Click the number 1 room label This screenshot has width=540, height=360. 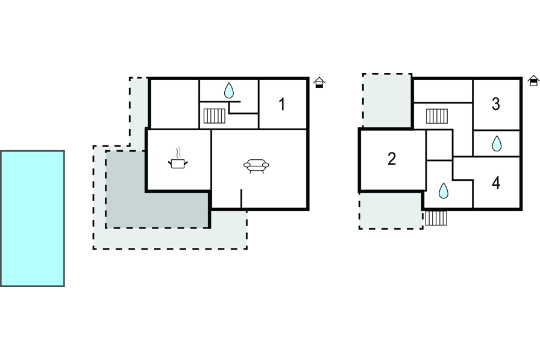coord(281,104)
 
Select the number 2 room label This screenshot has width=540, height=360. coord(392,159)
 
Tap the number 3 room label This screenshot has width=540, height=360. coord(496,104)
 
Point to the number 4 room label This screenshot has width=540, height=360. coord(496,183)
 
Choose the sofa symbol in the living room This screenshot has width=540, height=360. coord(256,165)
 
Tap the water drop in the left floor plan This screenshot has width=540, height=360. coord(229,91)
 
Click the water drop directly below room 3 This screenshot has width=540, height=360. coord(497,144)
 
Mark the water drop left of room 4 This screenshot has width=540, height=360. coord(444,191)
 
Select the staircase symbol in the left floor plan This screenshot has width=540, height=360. coord(214,115)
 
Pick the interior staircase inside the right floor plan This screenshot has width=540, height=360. coord(437,116)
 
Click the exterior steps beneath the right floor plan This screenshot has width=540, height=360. coord(436,218)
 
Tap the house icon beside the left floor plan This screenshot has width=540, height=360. coord(319,83)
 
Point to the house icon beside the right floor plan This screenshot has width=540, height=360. coord(533,80)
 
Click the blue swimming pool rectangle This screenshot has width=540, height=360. coord(33,218)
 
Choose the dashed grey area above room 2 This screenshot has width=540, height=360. coord(387,100)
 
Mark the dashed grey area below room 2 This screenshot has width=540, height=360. coord(390,210)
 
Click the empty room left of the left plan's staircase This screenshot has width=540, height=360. coord(174,103)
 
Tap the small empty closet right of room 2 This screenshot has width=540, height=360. coord(439,145)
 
